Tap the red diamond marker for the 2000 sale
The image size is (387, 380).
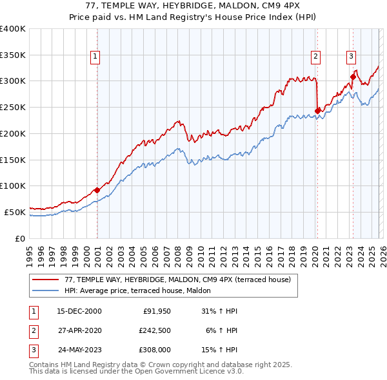pos(97,190)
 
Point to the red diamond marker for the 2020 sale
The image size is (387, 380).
pos(317,111)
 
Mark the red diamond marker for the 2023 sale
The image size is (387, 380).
pos(353,77)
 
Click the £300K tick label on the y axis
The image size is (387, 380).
pos(12,81)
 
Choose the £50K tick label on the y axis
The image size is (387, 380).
pos(14,212)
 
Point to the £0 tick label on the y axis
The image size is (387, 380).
pos(20,238)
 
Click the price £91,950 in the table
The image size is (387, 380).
pos(157,311)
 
